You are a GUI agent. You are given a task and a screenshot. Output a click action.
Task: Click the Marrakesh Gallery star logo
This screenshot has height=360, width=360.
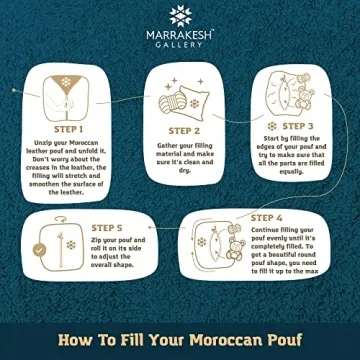[x=180, y=14]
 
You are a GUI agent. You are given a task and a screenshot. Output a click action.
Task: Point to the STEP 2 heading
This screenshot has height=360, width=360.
[x=185, y=130]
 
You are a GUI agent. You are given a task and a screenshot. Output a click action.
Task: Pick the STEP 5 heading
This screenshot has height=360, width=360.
[x=108, y=227]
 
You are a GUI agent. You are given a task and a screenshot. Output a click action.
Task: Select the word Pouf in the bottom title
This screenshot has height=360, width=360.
[x=290, y=337]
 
